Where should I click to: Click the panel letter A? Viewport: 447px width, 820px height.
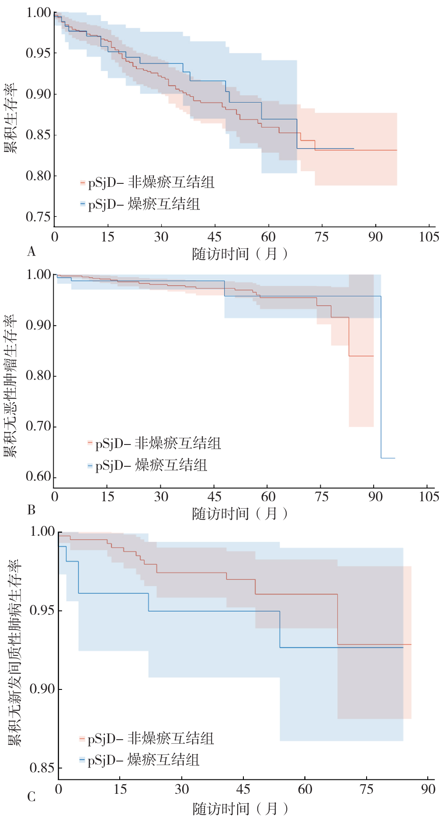point(31,252)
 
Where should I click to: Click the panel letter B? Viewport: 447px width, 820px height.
point(31,510)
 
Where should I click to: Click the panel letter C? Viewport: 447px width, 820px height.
point(31,797)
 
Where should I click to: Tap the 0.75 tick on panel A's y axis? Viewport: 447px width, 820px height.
point(38,217)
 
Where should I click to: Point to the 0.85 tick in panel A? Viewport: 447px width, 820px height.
point(38,135)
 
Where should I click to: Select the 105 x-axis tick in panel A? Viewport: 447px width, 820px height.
point(429,237)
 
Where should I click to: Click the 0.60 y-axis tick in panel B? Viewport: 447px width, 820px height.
point(38,476)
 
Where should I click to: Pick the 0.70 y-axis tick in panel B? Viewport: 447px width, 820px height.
point(38,426)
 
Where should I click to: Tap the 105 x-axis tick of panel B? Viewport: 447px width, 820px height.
point(429,497)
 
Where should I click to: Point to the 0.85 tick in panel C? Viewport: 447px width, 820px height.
point(42,768)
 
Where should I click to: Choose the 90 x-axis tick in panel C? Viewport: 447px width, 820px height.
point(428,789)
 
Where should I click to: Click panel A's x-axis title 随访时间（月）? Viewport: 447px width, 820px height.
point(239,254)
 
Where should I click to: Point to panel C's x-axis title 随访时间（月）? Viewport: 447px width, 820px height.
point(240,809)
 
